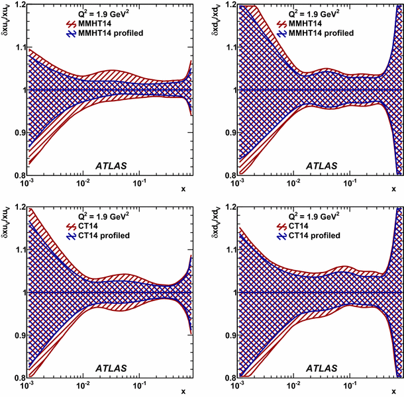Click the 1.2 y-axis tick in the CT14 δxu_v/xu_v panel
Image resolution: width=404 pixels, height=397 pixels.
click(x=17, y=206)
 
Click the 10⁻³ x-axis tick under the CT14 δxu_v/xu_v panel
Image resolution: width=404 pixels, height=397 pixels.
click(x=27, y=384)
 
